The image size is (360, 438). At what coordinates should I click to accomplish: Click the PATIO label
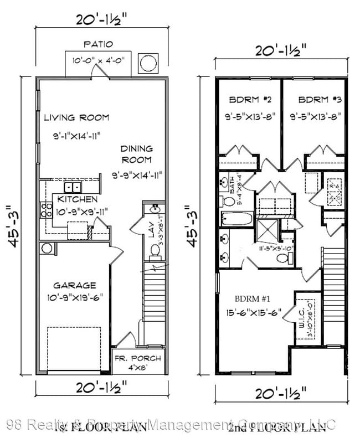(98, 44)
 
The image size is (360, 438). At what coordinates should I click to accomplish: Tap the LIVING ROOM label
(76, 117)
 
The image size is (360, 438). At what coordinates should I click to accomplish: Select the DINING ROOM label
(136, 154)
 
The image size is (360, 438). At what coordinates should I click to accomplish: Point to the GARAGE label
(74, 285)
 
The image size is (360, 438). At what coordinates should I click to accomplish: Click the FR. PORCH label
(137, 358)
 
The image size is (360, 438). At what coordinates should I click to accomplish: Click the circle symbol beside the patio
(148, 64)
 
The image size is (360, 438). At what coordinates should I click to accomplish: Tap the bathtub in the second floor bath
(236, 219)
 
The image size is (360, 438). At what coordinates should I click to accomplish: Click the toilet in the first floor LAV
(155, 252)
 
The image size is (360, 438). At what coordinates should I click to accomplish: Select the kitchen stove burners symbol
(44, 210)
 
